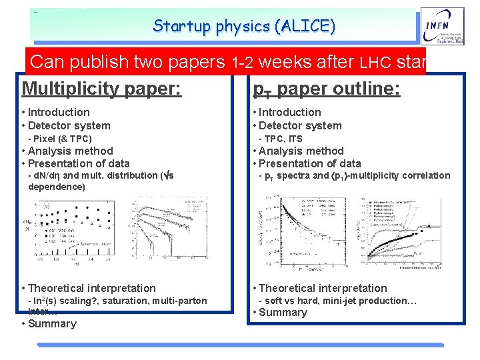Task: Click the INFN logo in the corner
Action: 438,30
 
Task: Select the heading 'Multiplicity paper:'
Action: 101,87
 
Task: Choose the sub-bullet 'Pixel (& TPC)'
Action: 60,139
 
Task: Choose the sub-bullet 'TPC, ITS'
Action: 280,139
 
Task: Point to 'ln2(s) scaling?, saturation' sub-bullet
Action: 117,301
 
